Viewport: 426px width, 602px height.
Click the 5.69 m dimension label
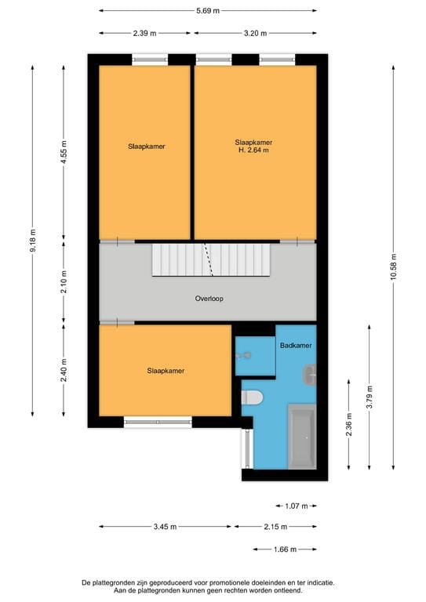pos(208,11)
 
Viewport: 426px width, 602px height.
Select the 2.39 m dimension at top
pos(145,33)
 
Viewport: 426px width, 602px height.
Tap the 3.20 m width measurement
pos(255,33)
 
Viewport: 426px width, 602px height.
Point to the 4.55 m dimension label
pos(64,151)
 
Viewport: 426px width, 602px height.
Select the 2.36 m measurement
pos(349,423)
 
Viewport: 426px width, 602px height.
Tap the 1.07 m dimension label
pos(296,506)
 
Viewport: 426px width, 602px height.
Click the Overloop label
pos(208,299)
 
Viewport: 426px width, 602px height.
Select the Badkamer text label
pos(295,345)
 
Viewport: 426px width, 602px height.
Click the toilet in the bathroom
pos(251,397)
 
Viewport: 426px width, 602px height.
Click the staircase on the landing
pos(210,259)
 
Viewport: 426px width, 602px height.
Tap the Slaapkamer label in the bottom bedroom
pos(165,371)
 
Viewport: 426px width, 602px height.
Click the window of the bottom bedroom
pos(158,422)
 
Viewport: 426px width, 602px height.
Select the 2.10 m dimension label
pos(64,281)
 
